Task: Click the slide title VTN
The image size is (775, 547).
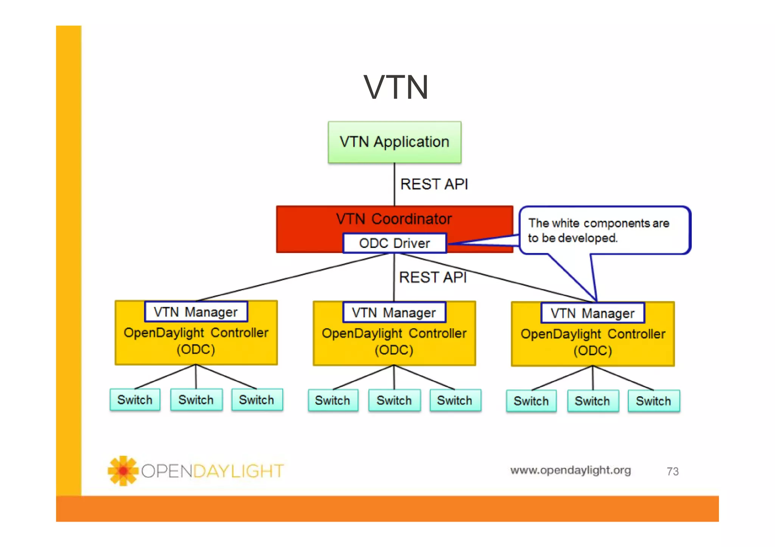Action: pyautogui.click(x=396, y=88)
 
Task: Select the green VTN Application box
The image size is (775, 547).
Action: pyautogui.click(x=394, y=142)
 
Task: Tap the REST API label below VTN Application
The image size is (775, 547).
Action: pyautogui.click(x=434, y=184)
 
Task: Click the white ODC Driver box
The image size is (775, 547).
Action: pyautogui.click(x=394, y=243)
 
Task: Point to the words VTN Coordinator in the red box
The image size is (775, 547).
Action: pyautogui.click(x=394, y=219)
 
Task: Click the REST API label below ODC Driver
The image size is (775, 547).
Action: pyautogui.click(x=433, y=277)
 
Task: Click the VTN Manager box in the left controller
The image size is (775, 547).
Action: pyautogui.click(x=196, y=312)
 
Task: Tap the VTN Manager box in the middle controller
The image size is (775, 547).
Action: pyautogui.click(x=394, y=313)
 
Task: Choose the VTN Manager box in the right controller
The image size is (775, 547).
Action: pyautogui.click(x=592, y=313)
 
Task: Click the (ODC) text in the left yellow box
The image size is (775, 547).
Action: pyautogui.click(x=196, y=349)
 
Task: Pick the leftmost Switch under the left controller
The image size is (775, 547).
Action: pyautogui.click(x=135, y=400)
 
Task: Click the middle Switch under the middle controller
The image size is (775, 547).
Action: pyautogui.click(x=394, y=400)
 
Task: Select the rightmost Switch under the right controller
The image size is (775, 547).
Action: pyautogui.click(x=653, y=401)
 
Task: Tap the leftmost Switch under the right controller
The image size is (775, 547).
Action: pyautogui.click(x=531, y=401)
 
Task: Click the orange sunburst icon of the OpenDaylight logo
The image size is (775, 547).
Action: pyautogui.click(x=123, y=471)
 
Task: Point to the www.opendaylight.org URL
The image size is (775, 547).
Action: pyautogui.click(x=570, y=470)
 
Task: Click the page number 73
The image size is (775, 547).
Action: pyautogui.click(x=672, y=471)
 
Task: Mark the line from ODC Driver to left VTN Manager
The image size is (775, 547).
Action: pyautogui.click(x=291, y=277)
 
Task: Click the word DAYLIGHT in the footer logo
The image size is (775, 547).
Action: pyautogui.click(x=238, y=471)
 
